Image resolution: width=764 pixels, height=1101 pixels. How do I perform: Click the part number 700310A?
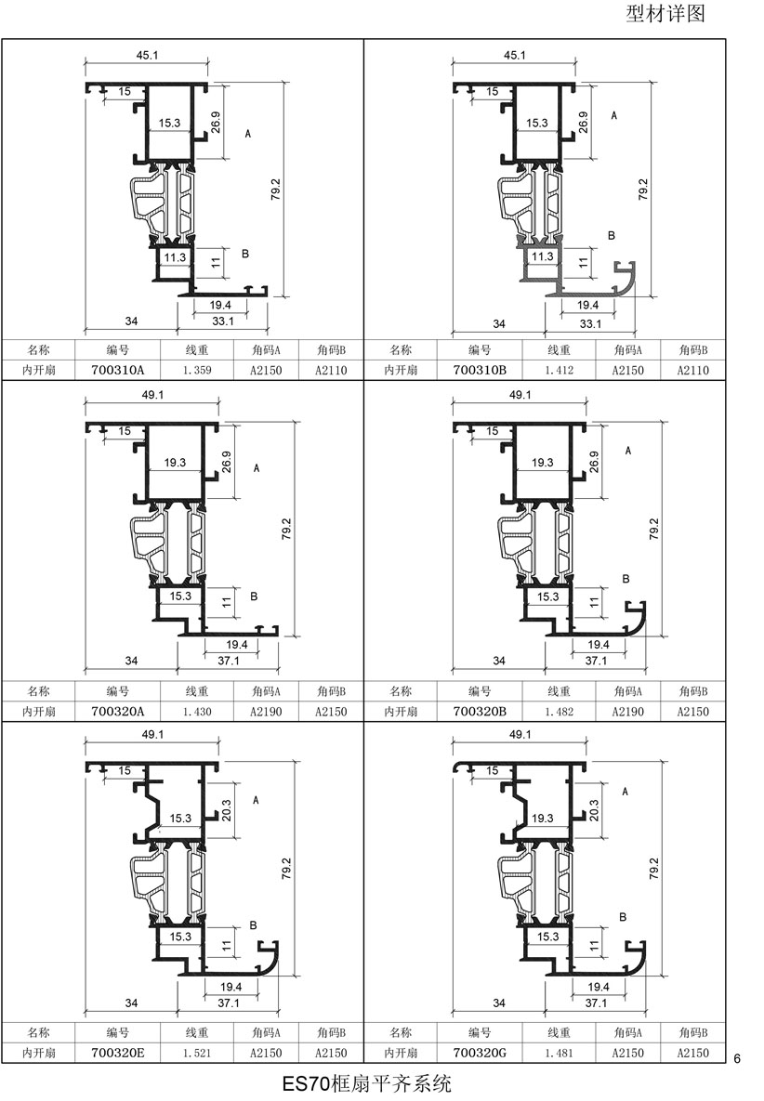click(117, 370)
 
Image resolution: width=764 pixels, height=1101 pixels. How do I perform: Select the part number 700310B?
click(480, 370)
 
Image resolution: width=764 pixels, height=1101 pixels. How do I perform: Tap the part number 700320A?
click(117, 712)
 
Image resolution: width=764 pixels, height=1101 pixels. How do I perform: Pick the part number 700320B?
click(480, 712)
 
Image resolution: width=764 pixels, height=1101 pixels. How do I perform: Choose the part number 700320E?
click(117, 1053)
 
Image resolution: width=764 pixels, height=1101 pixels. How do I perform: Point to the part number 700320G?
click(480, 1053)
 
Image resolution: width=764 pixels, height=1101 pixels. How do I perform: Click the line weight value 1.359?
click(197, 370)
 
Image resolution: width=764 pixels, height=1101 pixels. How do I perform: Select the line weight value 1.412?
click(559, 370)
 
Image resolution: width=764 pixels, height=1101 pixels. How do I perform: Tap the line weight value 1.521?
click(197, 1053)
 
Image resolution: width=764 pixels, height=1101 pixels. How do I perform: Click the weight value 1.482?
click(559, 712)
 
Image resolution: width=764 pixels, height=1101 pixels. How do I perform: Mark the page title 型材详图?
click(665, 13)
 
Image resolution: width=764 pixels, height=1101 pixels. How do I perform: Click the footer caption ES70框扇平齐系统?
click(366, 1084)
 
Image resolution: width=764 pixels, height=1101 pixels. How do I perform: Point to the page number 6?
click(737, 1058)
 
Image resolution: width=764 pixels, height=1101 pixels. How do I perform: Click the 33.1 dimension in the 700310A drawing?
click(222, 321)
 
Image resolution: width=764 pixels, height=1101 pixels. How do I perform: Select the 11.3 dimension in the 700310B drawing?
click(542, 256)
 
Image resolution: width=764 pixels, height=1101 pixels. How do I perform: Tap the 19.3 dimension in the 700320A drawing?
click(175, 462)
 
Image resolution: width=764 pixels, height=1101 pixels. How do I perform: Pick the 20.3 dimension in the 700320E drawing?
click(226, 810)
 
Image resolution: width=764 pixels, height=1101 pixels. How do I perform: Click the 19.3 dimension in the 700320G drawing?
click(542, 818)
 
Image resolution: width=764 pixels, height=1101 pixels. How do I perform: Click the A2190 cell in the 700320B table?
click(627, 712)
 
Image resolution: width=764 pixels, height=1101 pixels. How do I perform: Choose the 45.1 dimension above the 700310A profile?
click(147, 55)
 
